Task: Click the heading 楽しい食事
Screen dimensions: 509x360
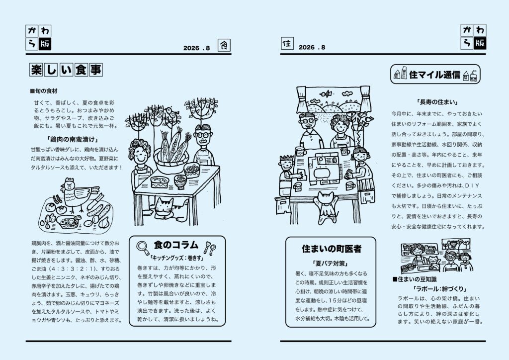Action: click(x=66, y=70)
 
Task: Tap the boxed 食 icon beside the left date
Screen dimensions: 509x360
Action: click(x=224, y=45)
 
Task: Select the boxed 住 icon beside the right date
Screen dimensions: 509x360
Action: click(x=287, y=43)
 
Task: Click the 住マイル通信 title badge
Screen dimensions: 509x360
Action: click(x=435, y=75)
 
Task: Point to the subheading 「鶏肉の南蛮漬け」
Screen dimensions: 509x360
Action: click(x=73, y=139)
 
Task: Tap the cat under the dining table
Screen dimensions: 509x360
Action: click(x=169, y=209)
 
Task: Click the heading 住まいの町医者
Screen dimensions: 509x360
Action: click(x=332, y=249)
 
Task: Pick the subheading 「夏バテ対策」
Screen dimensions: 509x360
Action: click(x=330, y=263)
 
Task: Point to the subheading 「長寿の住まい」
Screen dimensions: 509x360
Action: click(x=437, y=102)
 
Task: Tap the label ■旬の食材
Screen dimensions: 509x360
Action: click(x=44, y=91)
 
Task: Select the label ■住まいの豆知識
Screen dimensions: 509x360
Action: click(x=415, y=279)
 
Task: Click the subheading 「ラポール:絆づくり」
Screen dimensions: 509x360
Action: click(x=440, y=288)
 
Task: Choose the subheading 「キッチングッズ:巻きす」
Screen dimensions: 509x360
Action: click(x=176, y=258)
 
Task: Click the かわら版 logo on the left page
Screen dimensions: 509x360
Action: click(x=38, y=38)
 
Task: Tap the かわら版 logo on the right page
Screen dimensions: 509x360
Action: click(x=473, y=37)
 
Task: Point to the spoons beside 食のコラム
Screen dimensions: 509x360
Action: click(x=210, y=248)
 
